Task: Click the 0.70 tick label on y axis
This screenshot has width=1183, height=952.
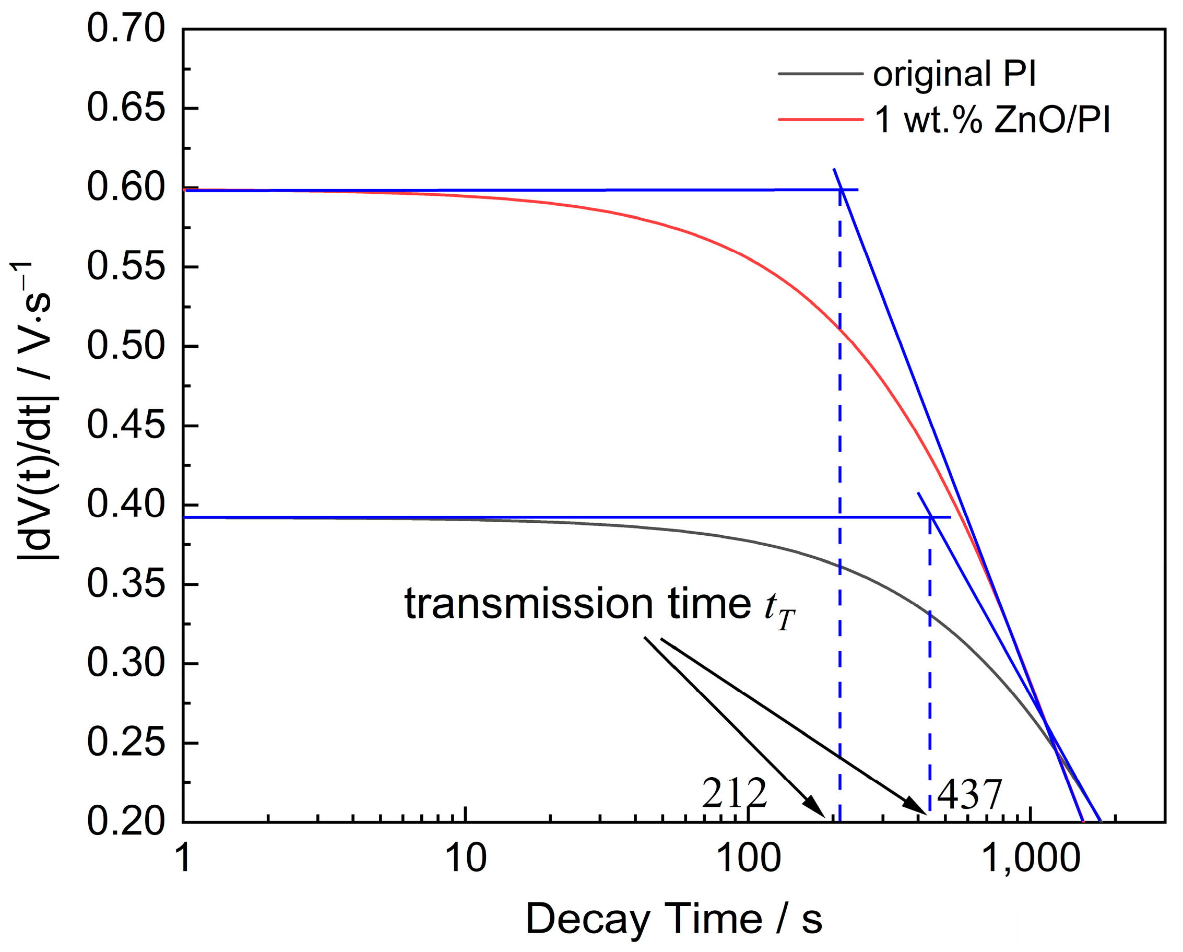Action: point(126,29)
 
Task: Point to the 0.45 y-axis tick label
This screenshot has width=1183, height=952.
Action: point(126,426)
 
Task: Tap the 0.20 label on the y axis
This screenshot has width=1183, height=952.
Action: point(126,822)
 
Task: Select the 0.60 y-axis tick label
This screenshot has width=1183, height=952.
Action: point(126,187)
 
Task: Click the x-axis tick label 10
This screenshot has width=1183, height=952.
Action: point(465,859)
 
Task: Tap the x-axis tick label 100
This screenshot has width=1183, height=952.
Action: point(749,859)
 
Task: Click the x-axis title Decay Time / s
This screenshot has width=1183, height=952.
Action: point(674,919)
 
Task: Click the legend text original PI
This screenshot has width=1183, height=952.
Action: point(954,74)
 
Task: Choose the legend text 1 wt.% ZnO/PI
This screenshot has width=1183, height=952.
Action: point(992,120)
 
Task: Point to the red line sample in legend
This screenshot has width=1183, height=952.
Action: point(820,119)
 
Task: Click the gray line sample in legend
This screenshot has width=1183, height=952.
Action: point(820,73)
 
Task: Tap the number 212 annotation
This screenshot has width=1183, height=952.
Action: point(734,794)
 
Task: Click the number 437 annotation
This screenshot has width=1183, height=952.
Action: point(969,795)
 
